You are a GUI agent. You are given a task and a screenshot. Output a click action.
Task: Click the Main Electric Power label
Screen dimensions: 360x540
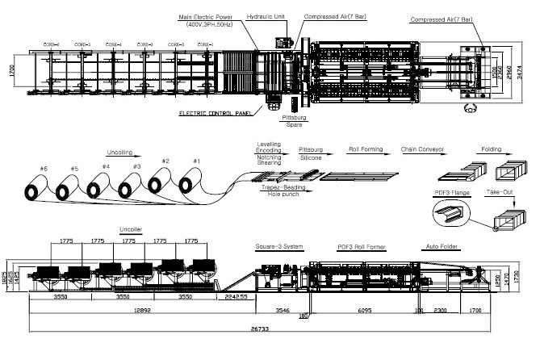click(x=206, y=15)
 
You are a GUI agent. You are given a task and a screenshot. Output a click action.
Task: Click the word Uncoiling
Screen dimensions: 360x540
click(x=122, y=152)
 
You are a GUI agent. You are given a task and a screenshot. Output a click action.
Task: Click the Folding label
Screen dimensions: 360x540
click(x=495, y=150)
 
